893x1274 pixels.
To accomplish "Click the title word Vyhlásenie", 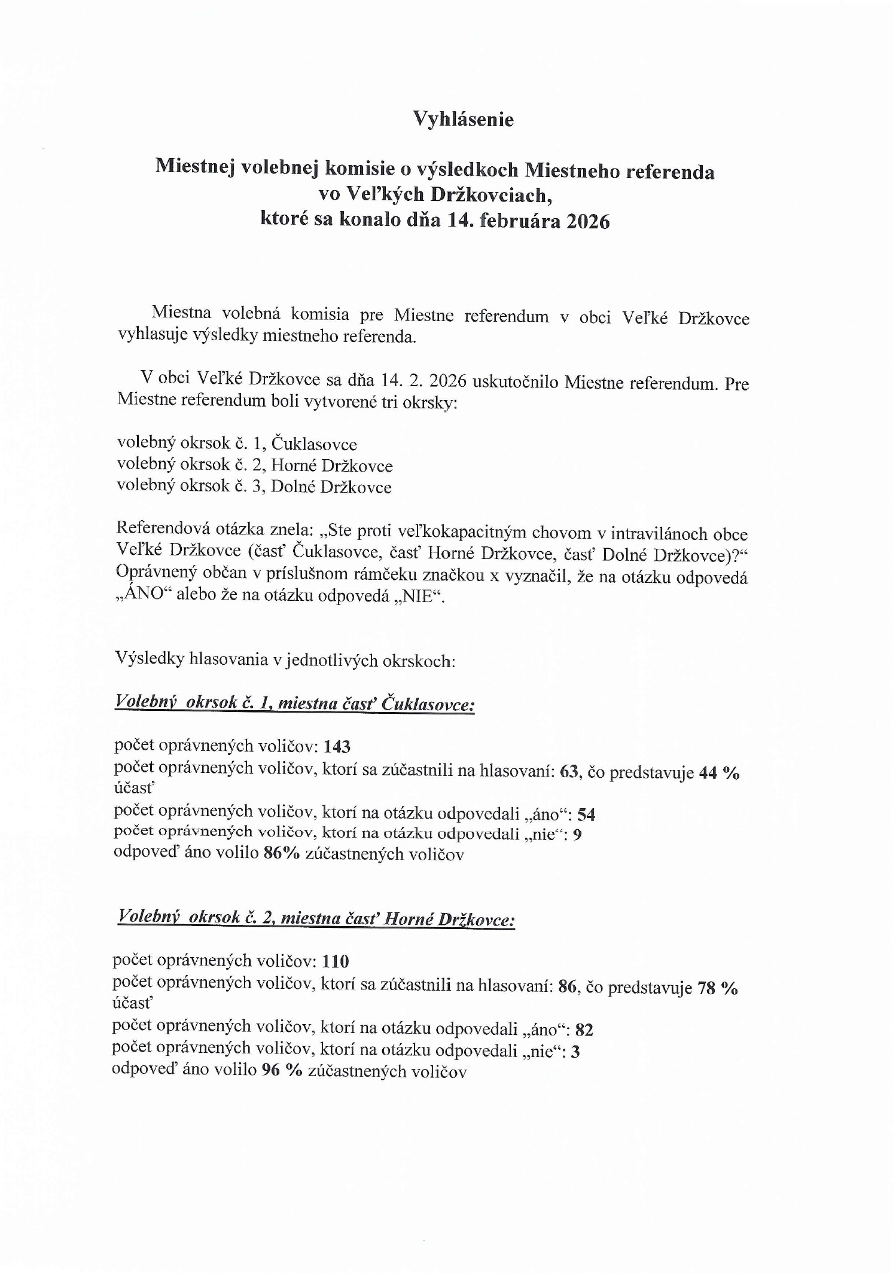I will coord(464,120).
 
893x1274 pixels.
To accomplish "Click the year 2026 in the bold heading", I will coord(587,221).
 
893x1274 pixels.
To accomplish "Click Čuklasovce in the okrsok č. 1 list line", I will coord(314,444).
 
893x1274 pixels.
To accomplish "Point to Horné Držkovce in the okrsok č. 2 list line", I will coord(332,466).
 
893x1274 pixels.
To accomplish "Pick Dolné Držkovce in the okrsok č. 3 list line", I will coord(331,487).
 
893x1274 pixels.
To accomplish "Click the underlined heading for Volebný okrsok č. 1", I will coord(294,703).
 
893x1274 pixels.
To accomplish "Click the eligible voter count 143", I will coord(337,747).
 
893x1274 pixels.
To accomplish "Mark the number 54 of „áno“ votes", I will coord(586,815).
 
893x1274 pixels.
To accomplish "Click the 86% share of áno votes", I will coord(281,854).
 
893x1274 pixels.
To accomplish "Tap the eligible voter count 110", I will coord(336,961).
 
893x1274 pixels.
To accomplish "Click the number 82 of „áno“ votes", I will coord(584,1029).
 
